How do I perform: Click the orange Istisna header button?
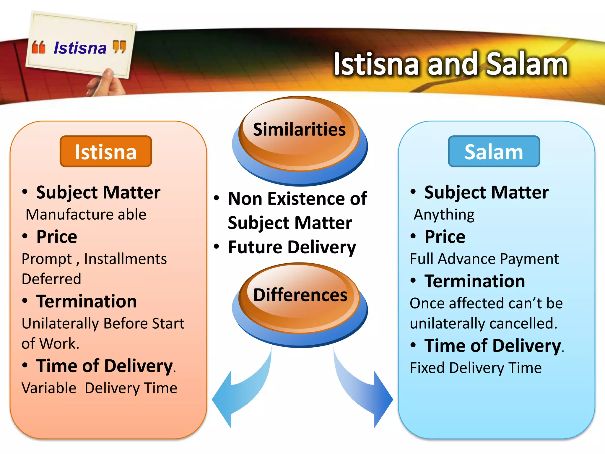click(x=106, y=152)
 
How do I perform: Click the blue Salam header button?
click(x=494, y=152)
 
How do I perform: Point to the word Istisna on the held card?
click(x=80, y=48)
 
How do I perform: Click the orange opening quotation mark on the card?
click(x=39, y=48)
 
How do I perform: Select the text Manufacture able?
click(x=86, y=214)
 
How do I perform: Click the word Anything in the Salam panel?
click(x=444, y=214)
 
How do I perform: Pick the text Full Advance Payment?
click(x=484, y=259)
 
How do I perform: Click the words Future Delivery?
click(x=292, y=247)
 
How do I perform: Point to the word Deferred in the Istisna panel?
click(x=51, y=279)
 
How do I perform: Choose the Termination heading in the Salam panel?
click(x=475, y=281)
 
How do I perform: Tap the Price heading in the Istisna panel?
click(x=57, y=237)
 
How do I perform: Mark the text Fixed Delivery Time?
click(x=476, y=368)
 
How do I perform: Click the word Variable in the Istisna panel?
click(x=49, y=388)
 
